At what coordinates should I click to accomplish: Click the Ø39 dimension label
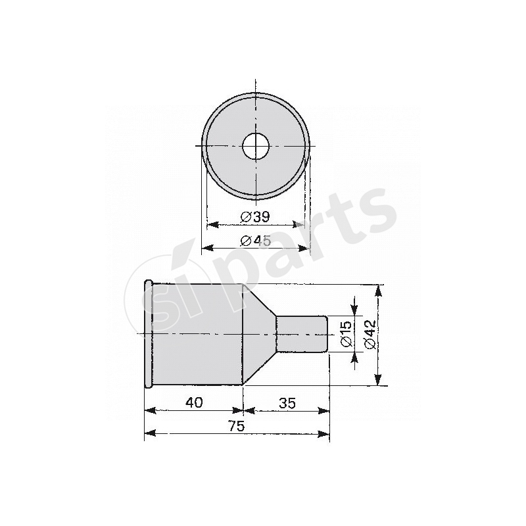pos(255,217)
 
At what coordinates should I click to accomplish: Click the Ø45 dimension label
pos(256,240)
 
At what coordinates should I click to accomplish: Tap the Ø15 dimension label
pos(346,334)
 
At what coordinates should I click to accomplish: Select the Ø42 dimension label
pos(370,334)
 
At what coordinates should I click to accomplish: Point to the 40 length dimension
pos(194,402)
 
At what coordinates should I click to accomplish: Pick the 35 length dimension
pos(287,403)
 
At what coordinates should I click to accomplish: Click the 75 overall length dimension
pos(237,426)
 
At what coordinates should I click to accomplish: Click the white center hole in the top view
pos(256,146)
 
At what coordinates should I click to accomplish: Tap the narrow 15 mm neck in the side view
pos(302,334)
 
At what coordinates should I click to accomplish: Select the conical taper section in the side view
pos(259,334)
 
